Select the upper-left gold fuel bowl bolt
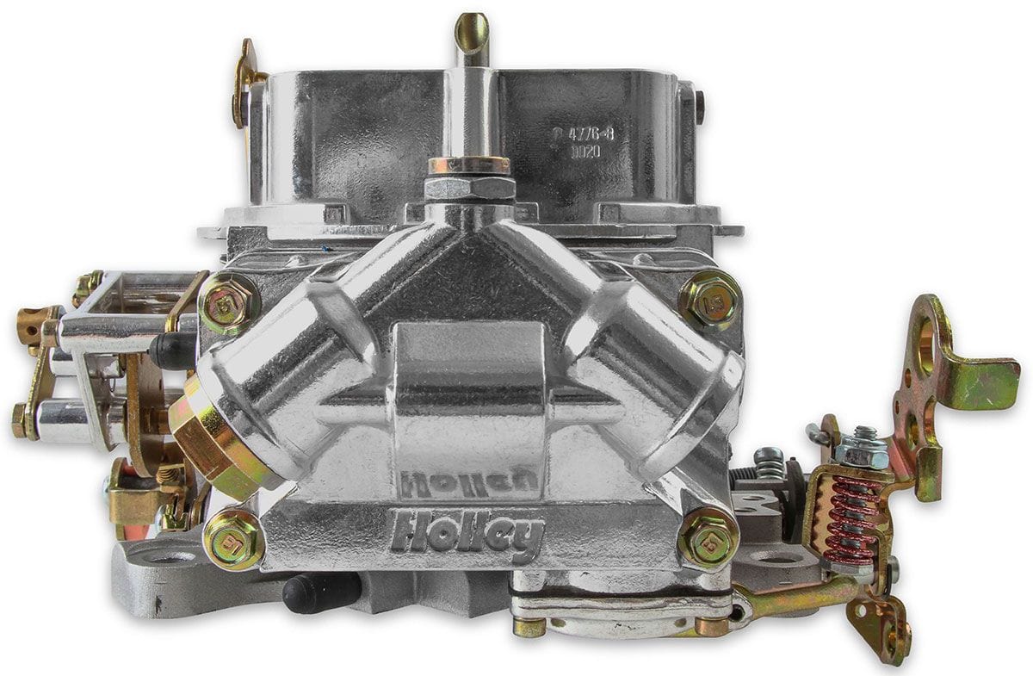pos(229,304)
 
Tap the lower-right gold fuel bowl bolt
pos(708,538)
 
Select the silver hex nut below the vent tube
pos(470,187)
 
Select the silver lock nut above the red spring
pos(860,450)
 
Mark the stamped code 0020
pos(585,152)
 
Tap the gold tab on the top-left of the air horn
pos(245,82)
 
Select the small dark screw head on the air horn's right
pos(699,107)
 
